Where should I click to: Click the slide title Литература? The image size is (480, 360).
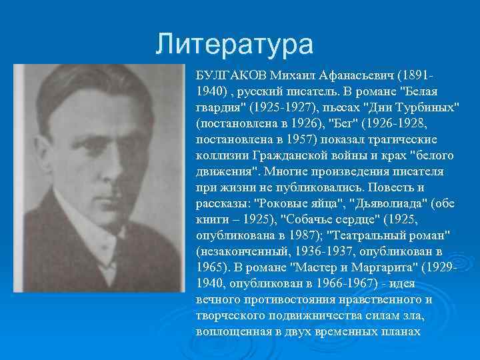234,45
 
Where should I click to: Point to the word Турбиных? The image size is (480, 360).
426,107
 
